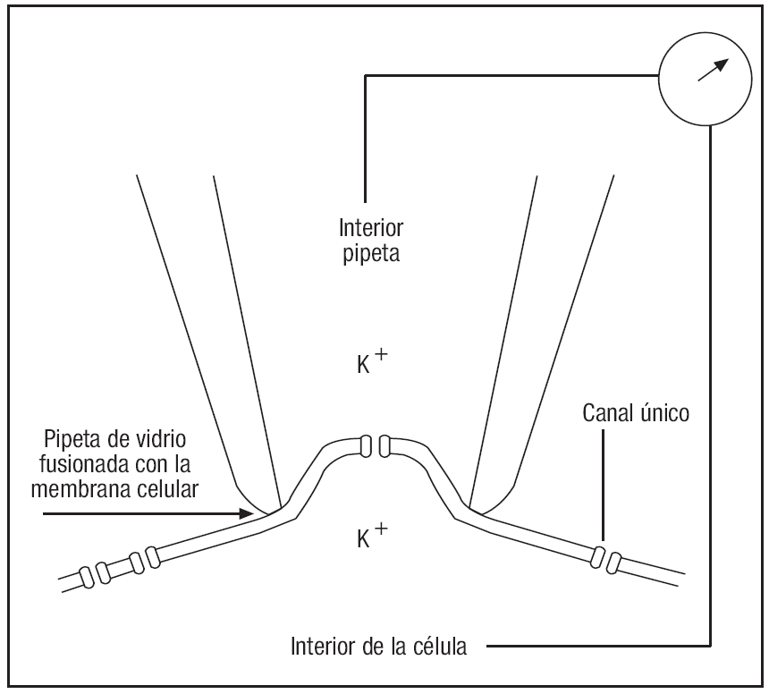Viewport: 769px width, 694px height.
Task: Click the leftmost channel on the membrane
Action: pos(89,576)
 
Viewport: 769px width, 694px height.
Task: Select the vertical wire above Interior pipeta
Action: pos(365,134)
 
